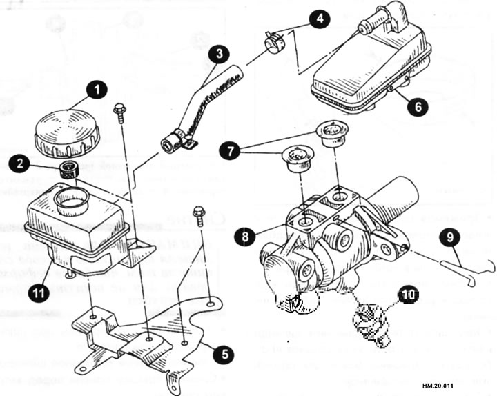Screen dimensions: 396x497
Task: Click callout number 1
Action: point(97,90)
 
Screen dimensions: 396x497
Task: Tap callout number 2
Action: point(39,164)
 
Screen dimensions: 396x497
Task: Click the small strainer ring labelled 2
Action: point(70,169)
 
